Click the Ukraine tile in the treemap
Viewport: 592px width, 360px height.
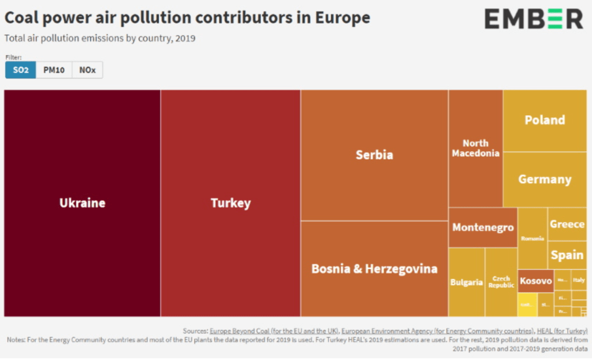tap(82, 203)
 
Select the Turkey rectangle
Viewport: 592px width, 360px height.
tap(230, 203)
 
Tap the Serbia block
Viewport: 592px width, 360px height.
tap(374, 155)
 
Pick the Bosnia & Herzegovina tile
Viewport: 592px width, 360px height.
tap(374, 269)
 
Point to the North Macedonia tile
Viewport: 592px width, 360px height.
tap(475, 148)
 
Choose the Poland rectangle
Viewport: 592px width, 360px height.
tap(545, 120)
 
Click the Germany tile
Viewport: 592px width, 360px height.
tap(545, 179)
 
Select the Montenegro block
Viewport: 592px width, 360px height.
tap(483, 227)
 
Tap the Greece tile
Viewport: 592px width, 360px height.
tap(567, 224)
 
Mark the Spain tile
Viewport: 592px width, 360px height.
tap(567, 255)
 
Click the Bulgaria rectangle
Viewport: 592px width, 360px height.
tap(466, 282)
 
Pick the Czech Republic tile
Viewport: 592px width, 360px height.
tap(501, 282)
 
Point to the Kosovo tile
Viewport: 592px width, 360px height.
tap(535, 281)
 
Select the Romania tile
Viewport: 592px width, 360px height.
tap(532, 238)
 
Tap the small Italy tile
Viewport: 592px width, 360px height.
tap(579, 280)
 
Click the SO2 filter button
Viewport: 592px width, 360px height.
tap(21, 70)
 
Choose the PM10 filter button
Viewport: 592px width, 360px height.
tap(54, 70)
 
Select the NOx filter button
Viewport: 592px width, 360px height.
tap(87, 70)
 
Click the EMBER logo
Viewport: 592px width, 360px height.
tap(534, 19)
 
